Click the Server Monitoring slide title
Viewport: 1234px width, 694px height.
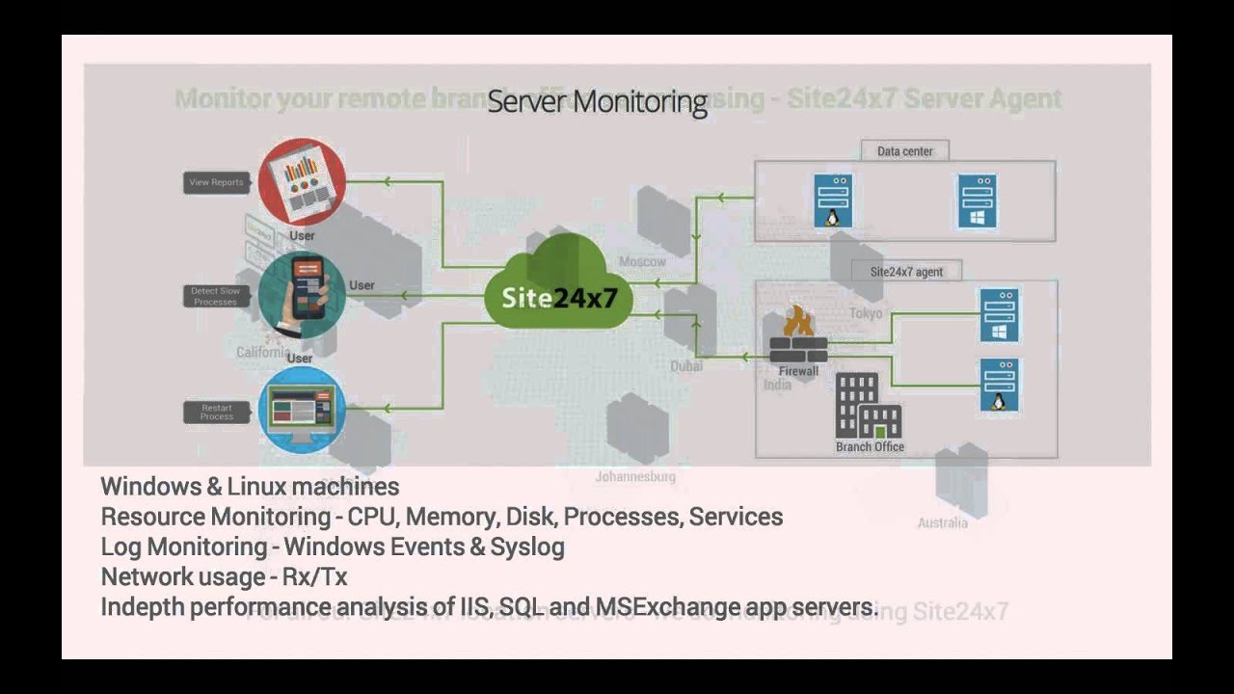pyautogui.click(x=597, y=101)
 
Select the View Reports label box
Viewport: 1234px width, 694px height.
pyautogui.click(x=216, y=182)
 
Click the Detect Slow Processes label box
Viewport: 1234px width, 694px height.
pyautogui.click(x=216, y=296)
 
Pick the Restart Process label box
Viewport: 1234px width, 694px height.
pyautogui.click(x=216, y=412)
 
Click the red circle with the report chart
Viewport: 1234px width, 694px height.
pyautogui.click(x=302, y=181)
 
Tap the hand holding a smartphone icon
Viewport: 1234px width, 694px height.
pyautogui.click(x=302, y=295)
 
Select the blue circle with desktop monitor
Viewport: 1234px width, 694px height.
pyautogui.click(x=302, y=410)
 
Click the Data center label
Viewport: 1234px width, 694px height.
pyautogui.click(x=904, y=151)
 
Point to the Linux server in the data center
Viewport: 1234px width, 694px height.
pyautogui.click(x=832, y=200)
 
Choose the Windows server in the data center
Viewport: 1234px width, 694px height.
pyautogui.click(x=977, y=200)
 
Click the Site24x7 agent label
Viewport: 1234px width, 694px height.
pyautogui.click(x=906, y=272)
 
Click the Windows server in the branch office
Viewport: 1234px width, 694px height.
pyautogui.click(x=999, y=315)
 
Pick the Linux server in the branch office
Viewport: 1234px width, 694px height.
pyautogui.click(x=999, y=385)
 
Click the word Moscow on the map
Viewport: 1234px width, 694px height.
pyautogui.click(x=642, y=261)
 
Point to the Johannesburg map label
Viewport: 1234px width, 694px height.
pyautogui.click(x=635, y=476)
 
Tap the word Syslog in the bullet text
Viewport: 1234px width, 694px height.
pyautogui.click(x=527, y=547)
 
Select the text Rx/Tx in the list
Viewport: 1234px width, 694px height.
pyautogui.click(x=314, y=577)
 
